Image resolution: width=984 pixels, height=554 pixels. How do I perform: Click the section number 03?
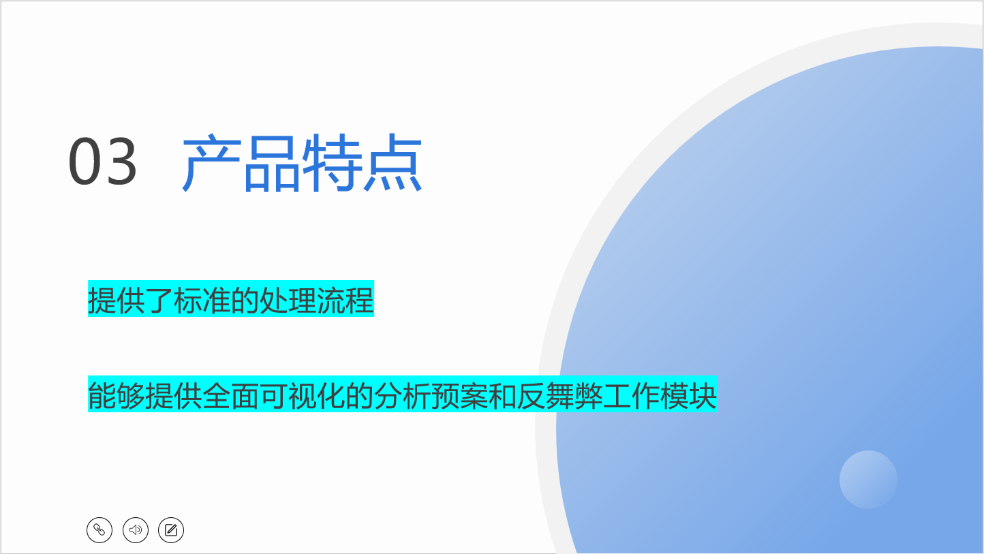coord(102,161)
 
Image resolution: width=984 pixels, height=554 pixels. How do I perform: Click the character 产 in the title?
coord(211,163)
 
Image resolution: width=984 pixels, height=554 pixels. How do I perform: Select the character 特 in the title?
coord(333,163)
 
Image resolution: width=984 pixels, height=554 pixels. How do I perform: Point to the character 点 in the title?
coord(393,163)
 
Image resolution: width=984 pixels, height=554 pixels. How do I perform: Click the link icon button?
coord(99,530)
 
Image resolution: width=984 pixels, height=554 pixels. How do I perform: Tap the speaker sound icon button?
coord(136,530)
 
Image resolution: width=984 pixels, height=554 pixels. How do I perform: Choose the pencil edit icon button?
coord(171,530)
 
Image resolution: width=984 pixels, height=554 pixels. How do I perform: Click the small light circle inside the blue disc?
coord(868,480)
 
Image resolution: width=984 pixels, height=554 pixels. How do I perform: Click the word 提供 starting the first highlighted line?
coord(117,300)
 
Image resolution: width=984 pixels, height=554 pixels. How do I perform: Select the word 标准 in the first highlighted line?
coord(202,300)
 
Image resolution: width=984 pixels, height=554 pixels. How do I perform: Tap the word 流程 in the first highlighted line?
coord(345,300)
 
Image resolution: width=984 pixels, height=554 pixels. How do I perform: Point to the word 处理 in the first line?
coord(288,300)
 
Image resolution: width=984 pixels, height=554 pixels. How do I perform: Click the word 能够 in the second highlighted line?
coord(117,395)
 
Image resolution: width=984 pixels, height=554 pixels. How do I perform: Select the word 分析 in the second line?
coord(402,395)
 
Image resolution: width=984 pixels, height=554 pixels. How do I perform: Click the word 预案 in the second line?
coord(459,395)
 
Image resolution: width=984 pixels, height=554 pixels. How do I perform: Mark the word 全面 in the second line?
coord(230,395)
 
